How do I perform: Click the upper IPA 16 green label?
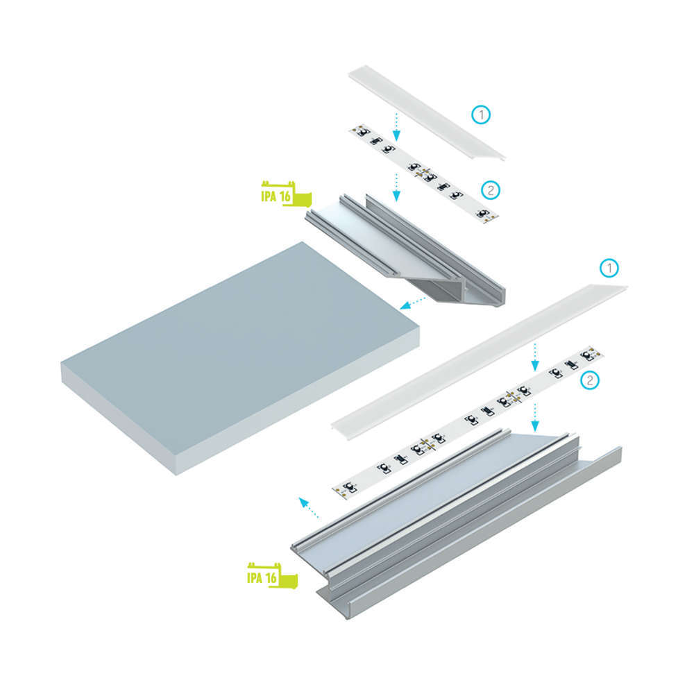286,194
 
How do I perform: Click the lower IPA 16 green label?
272,576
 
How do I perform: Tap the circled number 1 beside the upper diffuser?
481,115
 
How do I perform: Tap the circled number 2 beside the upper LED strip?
491,190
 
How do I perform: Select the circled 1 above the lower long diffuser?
609,268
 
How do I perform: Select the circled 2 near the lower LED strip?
589,380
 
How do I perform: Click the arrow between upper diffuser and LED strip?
396,126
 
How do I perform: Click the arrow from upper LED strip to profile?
396,187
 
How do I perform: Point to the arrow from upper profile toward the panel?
412,303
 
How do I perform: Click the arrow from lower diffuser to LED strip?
535,357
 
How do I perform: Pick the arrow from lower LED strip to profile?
535,417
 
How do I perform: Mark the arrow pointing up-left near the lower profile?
309,507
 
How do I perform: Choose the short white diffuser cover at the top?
427,112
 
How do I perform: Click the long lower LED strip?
467,422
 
